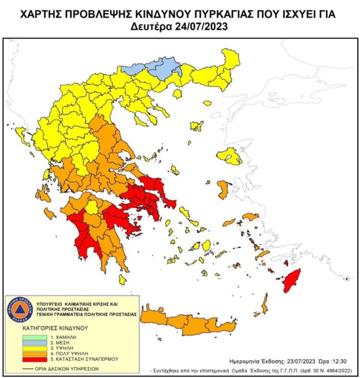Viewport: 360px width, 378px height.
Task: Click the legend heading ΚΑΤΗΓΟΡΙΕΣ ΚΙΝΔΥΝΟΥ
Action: [55, 328]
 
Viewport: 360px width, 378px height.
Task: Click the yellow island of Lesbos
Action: [229, 157]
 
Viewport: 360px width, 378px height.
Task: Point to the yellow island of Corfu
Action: [22, 135]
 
